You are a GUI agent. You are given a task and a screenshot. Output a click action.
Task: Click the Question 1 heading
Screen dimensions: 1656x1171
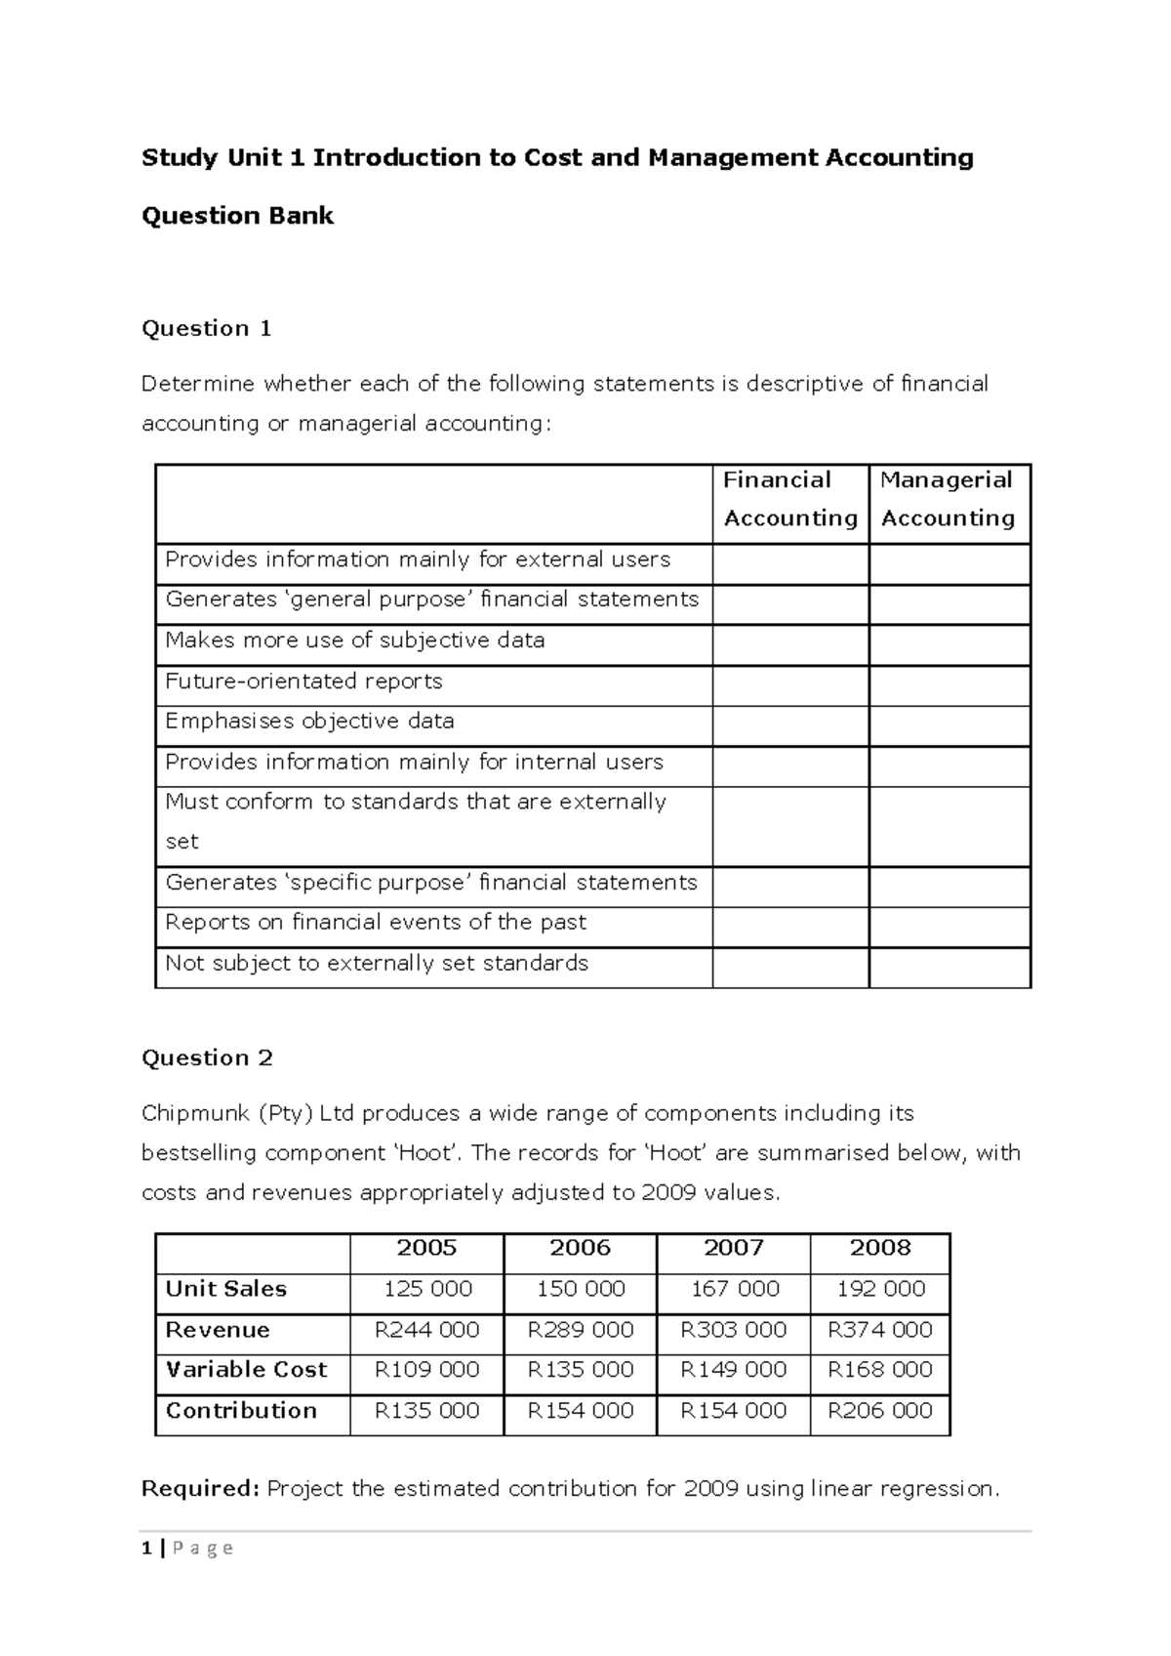pos(206,328)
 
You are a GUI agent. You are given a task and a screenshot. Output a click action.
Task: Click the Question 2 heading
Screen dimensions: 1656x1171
pos(207,1057)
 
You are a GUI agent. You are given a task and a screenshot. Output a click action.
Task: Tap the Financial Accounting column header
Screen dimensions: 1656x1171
pos(789,499)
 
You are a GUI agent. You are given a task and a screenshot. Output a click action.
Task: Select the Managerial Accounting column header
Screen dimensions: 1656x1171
pos(948,499)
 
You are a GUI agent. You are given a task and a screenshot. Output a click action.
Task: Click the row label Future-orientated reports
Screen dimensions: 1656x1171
pos(303,682)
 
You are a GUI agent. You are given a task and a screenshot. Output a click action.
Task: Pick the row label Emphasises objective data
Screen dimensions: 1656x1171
pos(309,722)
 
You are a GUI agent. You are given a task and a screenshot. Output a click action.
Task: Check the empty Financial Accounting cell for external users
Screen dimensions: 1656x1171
pos(789,564)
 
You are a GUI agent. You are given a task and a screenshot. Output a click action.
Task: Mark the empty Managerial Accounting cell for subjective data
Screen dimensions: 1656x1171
pos(949,644)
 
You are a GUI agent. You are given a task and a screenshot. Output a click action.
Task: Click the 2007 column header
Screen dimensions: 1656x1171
pos(733,1248)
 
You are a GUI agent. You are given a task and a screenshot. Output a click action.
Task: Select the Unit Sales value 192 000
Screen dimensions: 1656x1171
pos(880,1289)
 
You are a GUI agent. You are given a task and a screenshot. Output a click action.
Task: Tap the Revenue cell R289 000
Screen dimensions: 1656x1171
pos(581,1330)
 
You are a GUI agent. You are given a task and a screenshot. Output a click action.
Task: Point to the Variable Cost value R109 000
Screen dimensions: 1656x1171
pos(426,1370)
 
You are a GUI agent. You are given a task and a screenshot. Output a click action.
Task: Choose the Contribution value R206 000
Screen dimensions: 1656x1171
pos(880,1411)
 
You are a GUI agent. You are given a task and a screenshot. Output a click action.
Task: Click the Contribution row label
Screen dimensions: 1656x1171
pos(241,1411)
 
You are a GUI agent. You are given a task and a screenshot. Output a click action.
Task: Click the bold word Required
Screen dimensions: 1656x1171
pos(200,1489)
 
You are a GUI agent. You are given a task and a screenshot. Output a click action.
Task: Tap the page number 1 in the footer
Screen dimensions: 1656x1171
pos(146,1548)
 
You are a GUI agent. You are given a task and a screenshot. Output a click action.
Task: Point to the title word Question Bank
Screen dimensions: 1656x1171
pos(237,216)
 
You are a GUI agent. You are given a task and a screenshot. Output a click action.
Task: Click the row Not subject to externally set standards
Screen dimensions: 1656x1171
pos(377,964)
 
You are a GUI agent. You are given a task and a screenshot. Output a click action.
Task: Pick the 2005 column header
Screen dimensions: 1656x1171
pos(426,1248)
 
